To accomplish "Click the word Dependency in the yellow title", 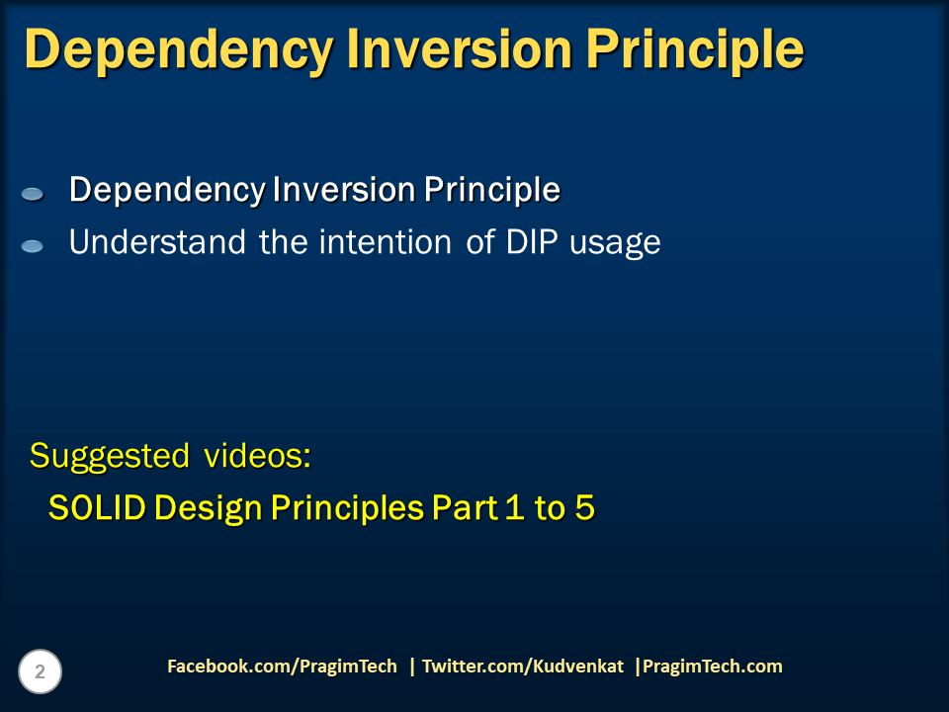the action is pos(179,50).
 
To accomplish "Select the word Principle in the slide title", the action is pos(695,50).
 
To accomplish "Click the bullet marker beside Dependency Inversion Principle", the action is pos(32,194).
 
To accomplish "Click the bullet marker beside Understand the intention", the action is pos(32,246).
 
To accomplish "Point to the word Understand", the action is pos(157,242).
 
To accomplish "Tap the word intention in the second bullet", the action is pos(386,242).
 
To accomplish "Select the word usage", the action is pos(615,244).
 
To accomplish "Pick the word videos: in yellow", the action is pos(258,455).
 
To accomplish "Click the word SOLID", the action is pos(98,507).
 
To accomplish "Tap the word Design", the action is pos(209,509).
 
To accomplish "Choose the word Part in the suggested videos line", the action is pos(465,507).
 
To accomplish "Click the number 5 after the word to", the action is pos(584,507).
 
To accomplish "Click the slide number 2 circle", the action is pos(40,671).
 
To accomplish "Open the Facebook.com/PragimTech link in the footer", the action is pos(282,667).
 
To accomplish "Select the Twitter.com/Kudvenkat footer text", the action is pos(523,667).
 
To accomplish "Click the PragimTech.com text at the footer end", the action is pos(713,667).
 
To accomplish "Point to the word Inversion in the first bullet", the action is pos(344,190).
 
